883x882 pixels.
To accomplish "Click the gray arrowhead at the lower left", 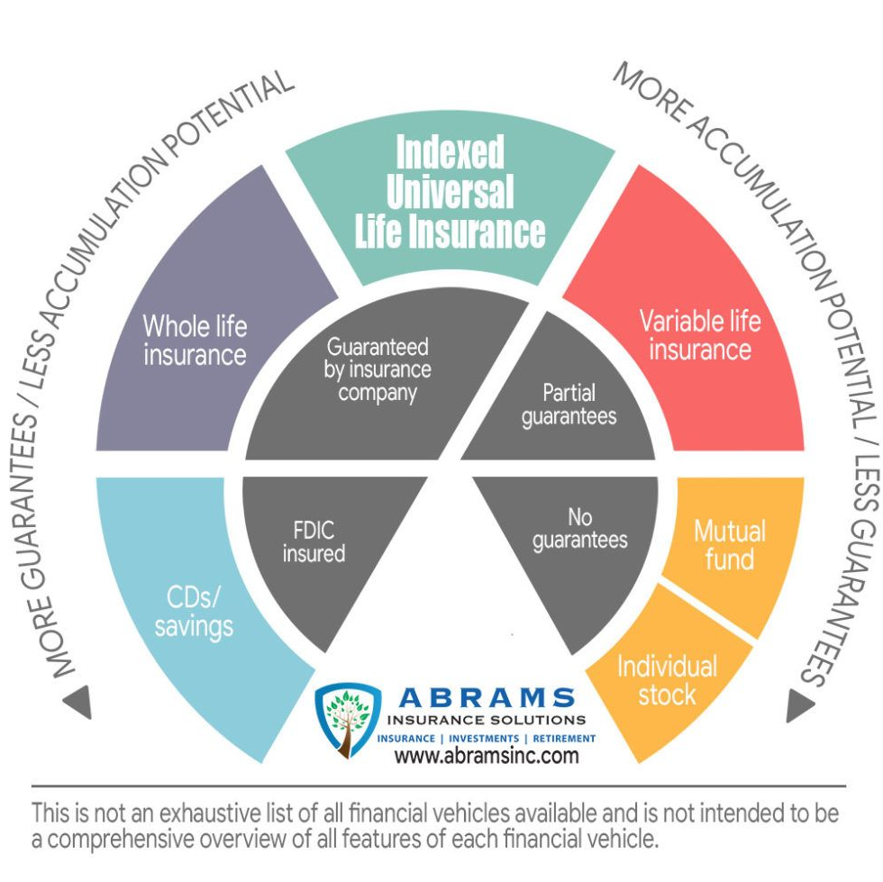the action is pos(78,701).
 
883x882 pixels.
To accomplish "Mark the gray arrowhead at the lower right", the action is pos(800,705).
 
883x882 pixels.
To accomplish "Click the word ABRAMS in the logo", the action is pos(487,698).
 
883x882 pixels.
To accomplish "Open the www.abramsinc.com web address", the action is pos(487,755).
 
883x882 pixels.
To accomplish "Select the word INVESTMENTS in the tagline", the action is pos(484,739).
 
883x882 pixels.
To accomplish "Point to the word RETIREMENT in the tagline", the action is pos(564,739).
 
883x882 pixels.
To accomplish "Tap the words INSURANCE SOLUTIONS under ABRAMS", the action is pos(487,721).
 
